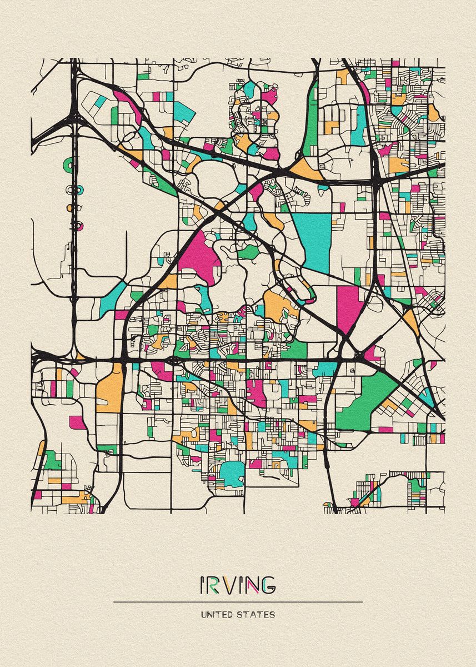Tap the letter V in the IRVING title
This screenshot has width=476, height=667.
pos(227,584)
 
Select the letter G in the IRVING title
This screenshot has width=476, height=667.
pos(267,584)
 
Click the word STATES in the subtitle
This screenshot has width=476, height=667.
pos(257,615)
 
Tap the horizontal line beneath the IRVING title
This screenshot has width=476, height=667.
pos(238,601)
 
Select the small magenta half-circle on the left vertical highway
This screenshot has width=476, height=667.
pos(79,226)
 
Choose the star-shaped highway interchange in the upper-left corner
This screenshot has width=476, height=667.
pos(74,111)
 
